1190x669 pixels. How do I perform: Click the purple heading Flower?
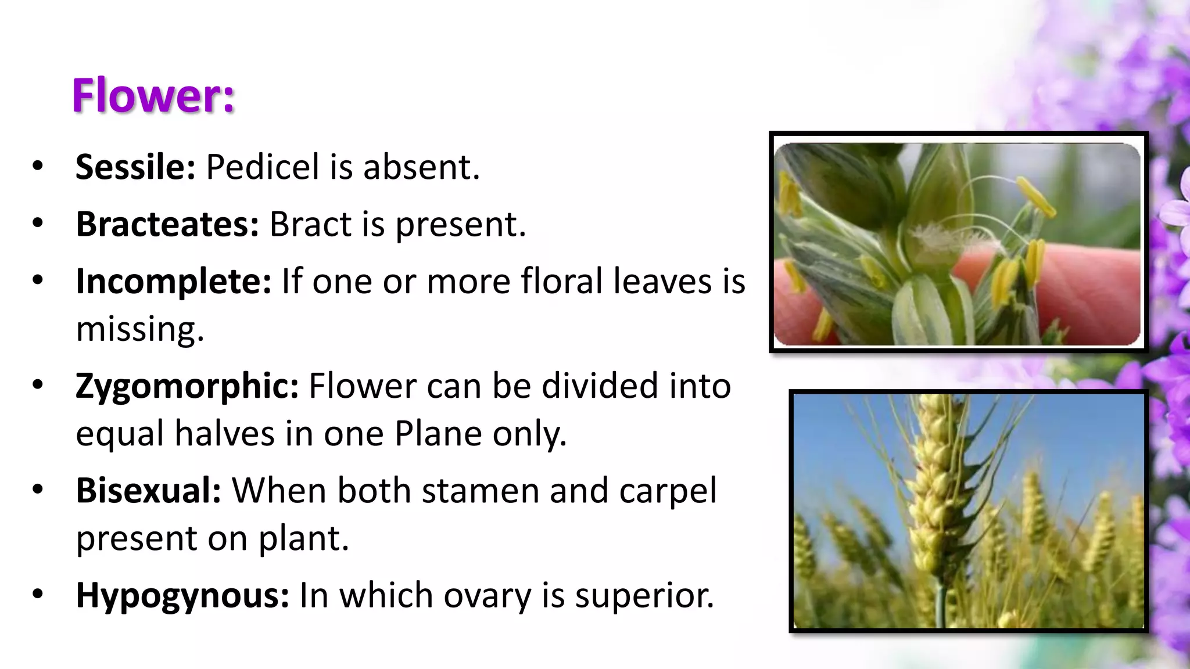153,96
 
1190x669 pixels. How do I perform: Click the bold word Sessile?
135,167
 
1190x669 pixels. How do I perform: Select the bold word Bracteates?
167,224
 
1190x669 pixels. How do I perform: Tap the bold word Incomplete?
173,282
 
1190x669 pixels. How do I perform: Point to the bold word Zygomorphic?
187,386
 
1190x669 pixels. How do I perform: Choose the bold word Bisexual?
148,491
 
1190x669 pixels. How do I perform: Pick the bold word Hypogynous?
182,596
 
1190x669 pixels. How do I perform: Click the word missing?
140,329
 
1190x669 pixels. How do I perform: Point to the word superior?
644,596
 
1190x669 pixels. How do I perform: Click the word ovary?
488,596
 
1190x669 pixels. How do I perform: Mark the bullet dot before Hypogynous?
38,595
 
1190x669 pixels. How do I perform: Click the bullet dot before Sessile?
38,166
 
